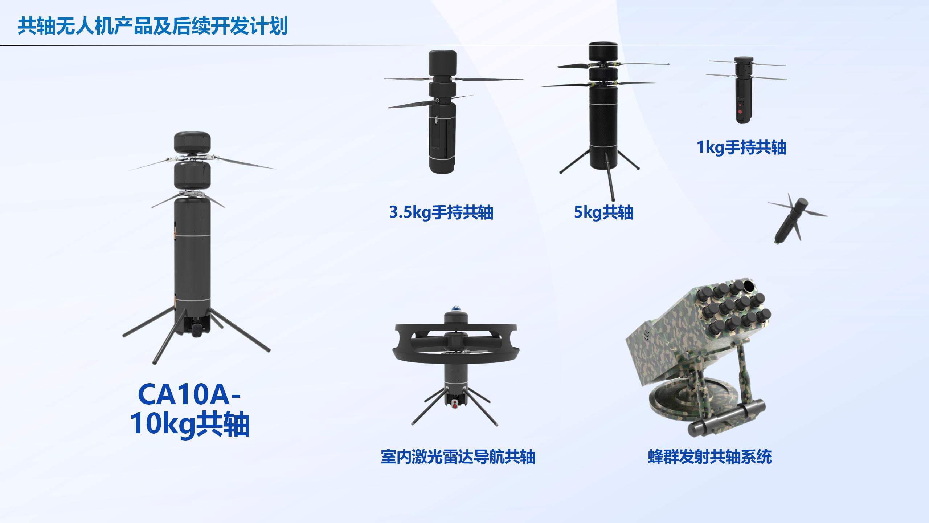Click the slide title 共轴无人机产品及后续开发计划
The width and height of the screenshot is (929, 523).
coord(152,26)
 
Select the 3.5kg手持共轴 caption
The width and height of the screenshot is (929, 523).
coord(441,212)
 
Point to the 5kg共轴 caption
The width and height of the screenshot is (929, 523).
coord(603,212)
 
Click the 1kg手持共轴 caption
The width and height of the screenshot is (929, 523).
coord(741,147)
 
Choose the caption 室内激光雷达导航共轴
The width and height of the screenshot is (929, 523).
coord(458,457)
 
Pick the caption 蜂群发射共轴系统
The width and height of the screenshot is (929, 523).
coord(710,457)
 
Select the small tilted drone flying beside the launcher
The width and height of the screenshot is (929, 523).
coord(797,220)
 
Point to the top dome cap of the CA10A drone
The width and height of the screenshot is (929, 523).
coord(192,142)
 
